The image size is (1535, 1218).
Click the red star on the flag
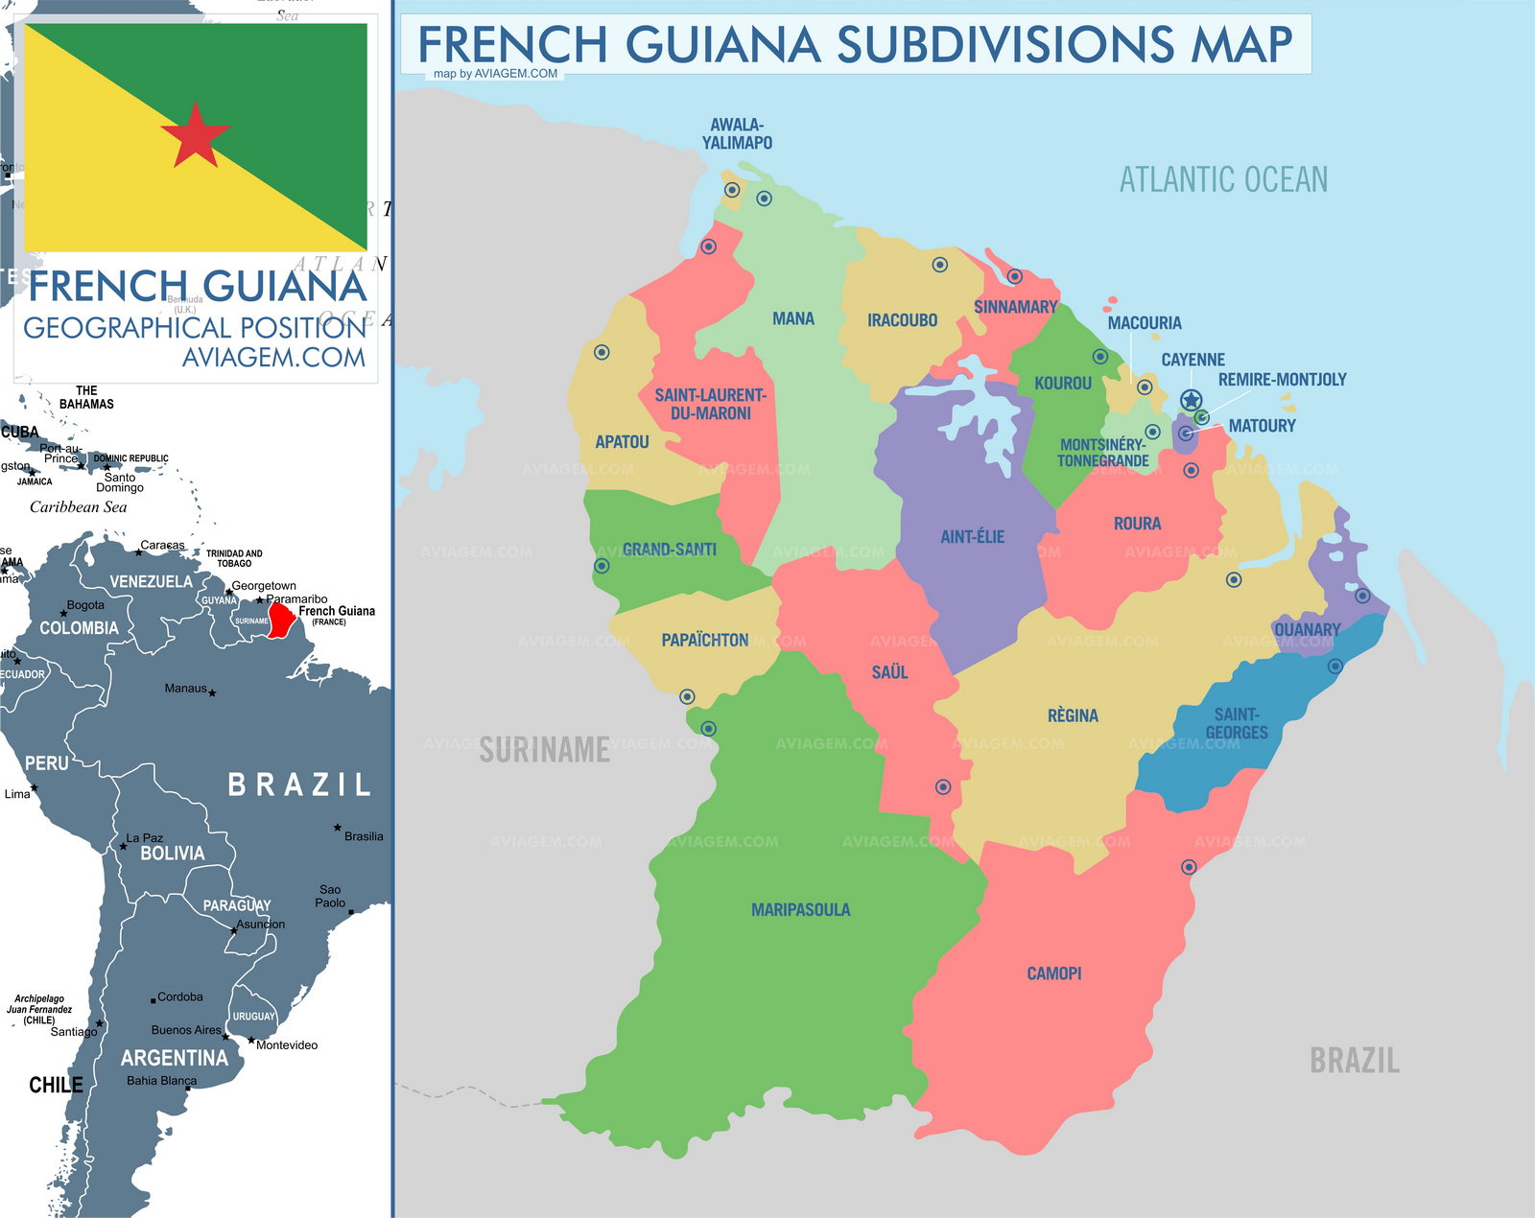pos(195,135)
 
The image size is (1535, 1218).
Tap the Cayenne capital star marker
pos(1191,400)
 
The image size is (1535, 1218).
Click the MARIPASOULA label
pos(800,909)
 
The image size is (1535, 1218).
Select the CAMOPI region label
pos(1053,973)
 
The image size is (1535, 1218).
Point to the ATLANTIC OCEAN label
pos(1223,179)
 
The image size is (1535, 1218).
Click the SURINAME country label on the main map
pos(544,750)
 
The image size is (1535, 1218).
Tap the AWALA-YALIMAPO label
pos(737,133)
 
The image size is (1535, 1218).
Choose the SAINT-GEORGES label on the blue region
pos(1236,723)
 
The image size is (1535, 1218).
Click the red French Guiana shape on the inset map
pos(279,620)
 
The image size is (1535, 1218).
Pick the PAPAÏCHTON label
pos(704,640)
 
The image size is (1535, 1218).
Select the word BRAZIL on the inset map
pos(298,785)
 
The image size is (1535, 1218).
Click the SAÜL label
pos(888,672)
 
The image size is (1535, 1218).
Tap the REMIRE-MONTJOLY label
pos(1282,380)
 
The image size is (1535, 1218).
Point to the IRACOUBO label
pos(902,320)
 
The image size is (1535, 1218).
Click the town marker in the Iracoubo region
pos(940,265)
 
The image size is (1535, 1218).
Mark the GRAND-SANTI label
pos(669,550)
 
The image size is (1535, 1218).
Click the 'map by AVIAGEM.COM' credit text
pos(495,74)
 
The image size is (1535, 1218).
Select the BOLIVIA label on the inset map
pos(172,854)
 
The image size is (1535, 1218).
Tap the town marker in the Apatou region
pos(602,352)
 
